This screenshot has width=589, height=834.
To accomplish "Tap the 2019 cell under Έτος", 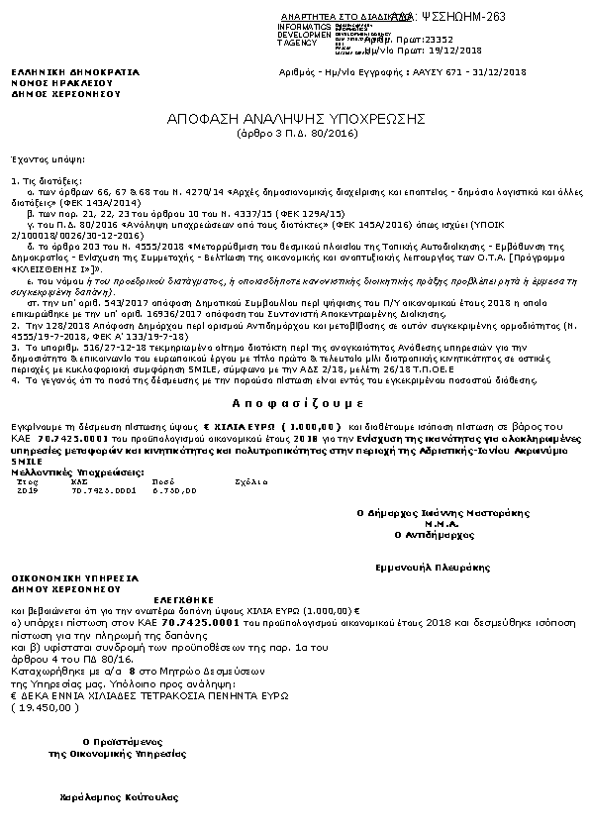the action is (28, 489).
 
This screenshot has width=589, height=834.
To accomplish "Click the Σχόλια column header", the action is (245, 481).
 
